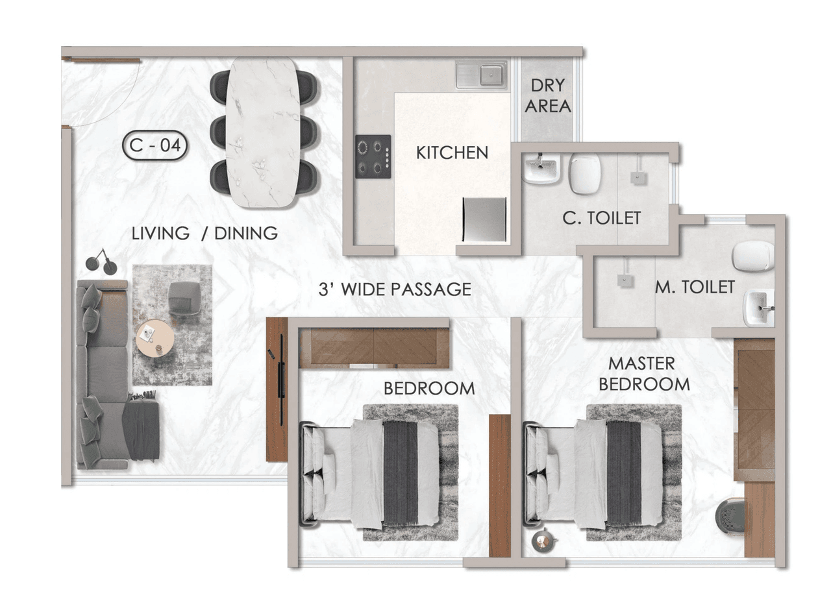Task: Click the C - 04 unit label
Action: click(x=155, y=146)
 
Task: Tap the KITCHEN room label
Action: click(x=452, y=153)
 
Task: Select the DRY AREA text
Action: click(x=547, y=95)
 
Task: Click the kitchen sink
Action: click(x=481, y=75)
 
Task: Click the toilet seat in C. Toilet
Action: click(x=584, y=173)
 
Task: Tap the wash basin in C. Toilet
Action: click(x=541, y=169)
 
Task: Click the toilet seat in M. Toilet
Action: click(x=753, y=256)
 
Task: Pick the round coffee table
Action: click(x=155, y=338)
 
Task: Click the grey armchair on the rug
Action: click(x=184, y=298)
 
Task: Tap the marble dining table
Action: click(x=263, y=132)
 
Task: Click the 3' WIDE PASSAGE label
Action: click(x=395, y=289)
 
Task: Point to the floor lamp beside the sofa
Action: click(x=101, y=262)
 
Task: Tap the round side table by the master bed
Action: click(x=543, y=540)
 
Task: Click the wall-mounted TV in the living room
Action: click(x=281, y=380)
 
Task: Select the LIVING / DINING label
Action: click(x=205, y=233)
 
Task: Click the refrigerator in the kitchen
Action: click(x=484, y=219)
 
